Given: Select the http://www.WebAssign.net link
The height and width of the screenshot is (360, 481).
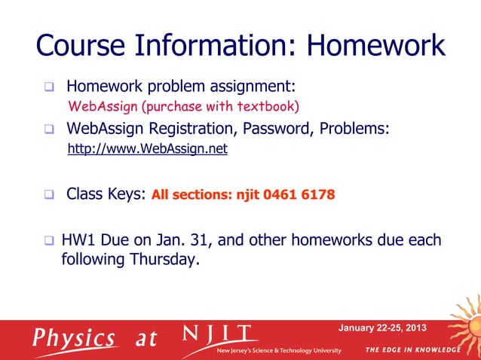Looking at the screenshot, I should point(147,149).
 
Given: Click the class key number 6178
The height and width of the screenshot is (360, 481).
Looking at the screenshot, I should point(319,195).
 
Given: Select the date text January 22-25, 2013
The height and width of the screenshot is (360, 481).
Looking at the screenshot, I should point(381,328).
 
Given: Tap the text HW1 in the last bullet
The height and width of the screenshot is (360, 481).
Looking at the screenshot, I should point(78,241).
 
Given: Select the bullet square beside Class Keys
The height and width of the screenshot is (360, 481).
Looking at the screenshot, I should point(49,194).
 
